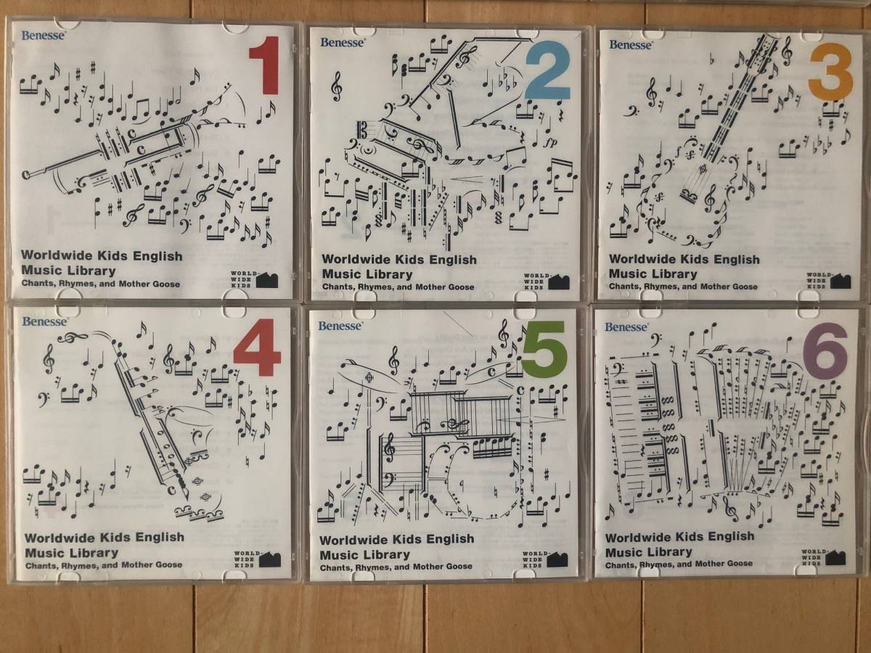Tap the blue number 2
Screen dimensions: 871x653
click(547, 75)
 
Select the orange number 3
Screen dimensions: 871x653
click(831, 75)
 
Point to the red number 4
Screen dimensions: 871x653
click(257, 348)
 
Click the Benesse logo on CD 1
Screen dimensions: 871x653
click(44, 36)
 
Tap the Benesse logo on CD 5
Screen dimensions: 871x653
click(340, 326)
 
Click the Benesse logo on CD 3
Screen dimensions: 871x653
click(631, 45)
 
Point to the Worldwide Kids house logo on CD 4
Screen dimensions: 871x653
click(271, 559)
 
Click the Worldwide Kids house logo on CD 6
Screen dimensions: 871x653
click(835, 557)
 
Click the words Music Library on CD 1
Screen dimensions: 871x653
click(68, 271)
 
